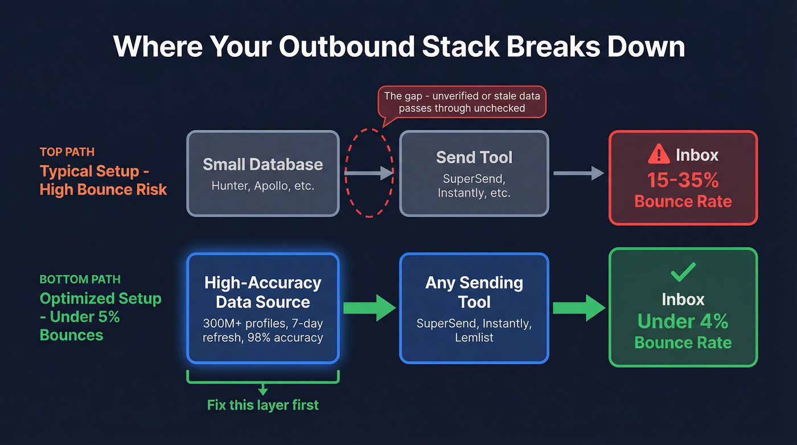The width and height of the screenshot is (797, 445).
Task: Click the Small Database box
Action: (263, 173)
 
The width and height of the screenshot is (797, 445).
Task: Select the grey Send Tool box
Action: (474, 173)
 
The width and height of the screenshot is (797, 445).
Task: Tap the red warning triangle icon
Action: (659, 154)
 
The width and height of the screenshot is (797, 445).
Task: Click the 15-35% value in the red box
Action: (683, 180)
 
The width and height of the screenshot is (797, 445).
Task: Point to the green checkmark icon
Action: (683, 273)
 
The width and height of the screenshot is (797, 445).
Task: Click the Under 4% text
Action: (683, 321)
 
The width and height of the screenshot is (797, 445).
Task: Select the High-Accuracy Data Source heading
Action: (263, 292)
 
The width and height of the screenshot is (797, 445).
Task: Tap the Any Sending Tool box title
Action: (474, 292)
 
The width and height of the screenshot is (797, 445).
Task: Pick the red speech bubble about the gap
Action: (462, 101)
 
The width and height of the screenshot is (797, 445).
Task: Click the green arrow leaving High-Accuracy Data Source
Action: (369, 308)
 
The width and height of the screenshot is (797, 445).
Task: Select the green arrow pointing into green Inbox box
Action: (579, 308)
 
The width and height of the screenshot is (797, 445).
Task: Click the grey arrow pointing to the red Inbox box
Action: (578, 173)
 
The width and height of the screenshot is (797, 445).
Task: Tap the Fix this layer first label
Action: (262, 405)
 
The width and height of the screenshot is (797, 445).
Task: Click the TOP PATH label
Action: (67, 152)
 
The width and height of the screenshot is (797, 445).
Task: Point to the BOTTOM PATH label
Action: (80, 279)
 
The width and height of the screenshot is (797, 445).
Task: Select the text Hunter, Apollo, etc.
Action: (262, 186)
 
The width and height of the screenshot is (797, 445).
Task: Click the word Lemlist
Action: (474, 337)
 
